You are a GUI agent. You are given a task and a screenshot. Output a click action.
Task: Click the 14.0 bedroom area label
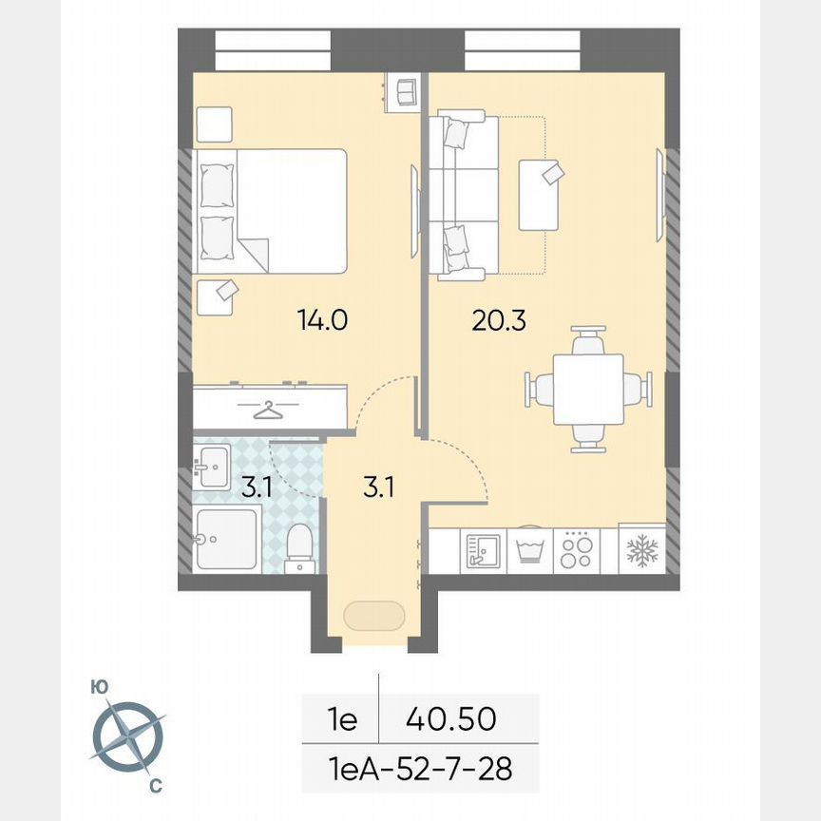(323, 320)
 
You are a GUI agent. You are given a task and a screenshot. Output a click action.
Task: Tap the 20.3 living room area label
(499, 320)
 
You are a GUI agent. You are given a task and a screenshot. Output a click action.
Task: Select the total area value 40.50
(450, 719)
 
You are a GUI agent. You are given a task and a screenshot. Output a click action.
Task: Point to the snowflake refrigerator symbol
(642, 550)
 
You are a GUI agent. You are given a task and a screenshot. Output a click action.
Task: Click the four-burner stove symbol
(576, 550)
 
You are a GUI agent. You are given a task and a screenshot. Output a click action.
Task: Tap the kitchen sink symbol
(483, 550)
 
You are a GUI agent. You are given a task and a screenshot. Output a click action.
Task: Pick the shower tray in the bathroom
(226, 540)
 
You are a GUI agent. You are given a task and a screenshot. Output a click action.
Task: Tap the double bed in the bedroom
(271, 210)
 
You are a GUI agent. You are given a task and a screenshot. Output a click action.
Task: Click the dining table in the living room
(588, 389)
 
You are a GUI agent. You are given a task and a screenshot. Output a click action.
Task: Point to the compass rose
(129, 735)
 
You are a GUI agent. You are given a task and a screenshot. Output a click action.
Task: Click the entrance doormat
(373, 616)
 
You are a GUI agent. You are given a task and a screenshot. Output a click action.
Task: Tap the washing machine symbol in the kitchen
(529, 550)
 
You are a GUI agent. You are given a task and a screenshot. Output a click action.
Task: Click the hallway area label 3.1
(378, 488)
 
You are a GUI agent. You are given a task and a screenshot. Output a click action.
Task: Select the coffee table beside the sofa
(539, 195)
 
